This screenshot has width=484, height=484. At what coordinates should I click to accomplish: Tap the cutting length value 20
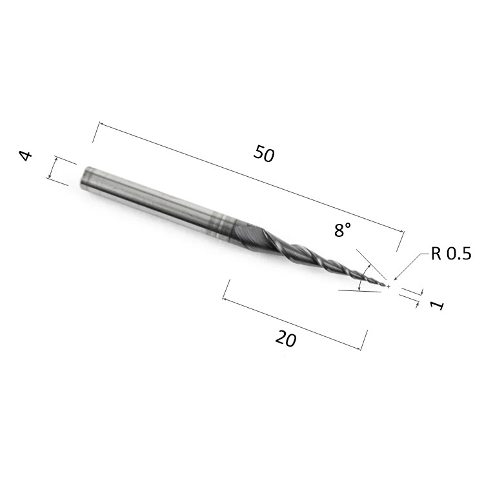pos(285,338)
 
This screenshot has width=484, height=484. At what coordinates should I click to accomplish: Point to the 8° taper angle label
pos(343,230)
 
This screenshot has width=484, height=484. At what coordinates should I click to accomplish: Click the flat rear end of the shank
pos(83,179)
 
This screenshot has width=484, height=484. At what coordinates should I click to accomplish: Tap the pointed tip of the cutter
pos(387,285)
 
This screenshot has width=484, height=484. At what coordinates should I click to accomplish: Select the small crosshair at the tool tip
pos(388,286)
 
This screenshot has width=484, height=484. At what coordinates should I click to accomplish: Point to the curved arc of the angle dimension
pos(361,278)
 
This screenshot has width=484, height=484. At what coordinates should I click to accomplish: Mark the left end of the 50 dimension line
pos(98,123)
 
